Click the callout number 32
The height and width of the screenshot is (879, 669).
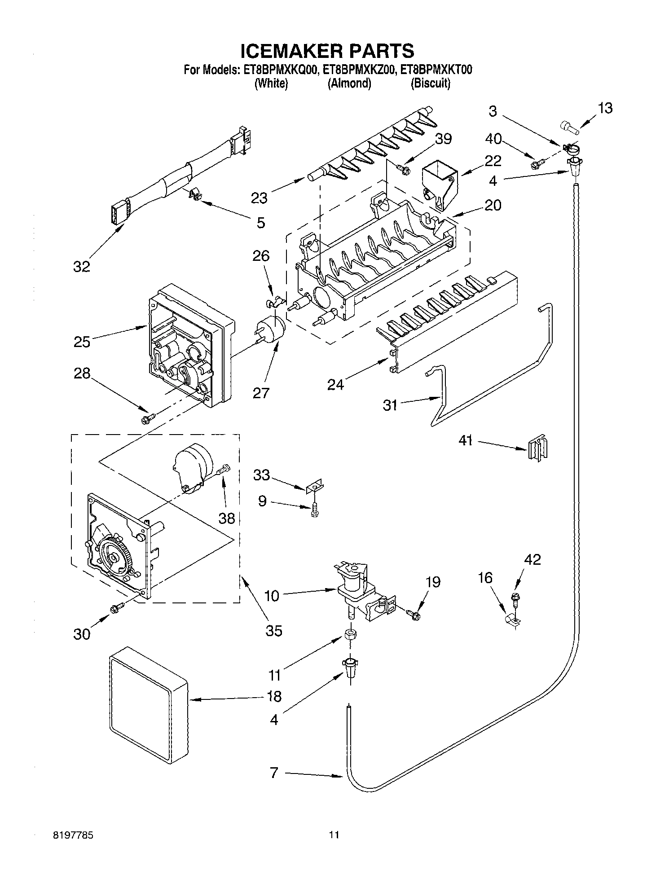pyautogui.click(x=81, y=267)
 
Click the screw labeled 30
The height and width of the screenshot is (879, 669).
pyautogui.click(x=118, y=607)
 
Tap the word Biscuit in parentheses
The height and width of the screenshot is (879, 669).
pyautogui.click(x=430, y=84)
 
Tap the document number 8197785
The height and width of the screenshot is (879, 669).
pyautogui.click(x=74, y=835)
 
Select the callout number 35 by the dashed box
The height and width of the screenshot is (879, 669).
pyautogui.click(x=273, y=631)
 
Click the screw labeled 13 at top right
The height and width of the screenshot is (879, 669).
pyautogui.click(x=569, y=127)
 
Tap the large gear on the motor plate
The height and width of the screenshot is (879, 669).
pyautogui.click(x=114, y=557)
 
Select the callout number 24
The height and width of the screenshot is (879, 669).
pyautogui.click(x=335, y=384)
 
